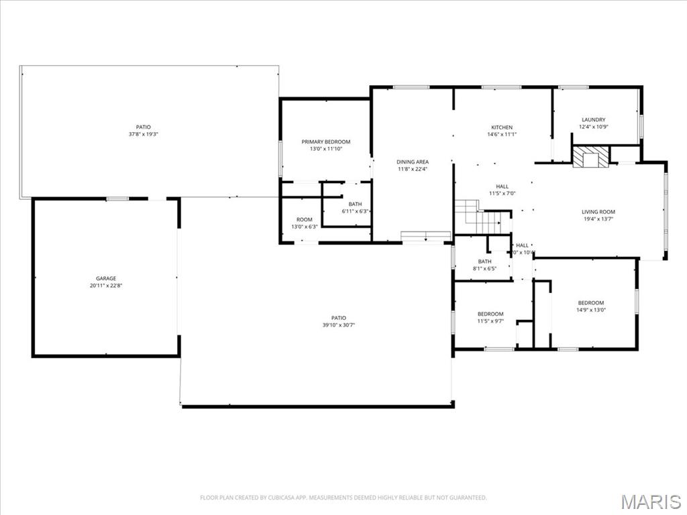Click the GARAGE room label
click(x=105, y=278)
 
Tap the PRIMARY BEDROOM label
click(x=325, y=141)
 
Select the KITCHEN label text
click(x=502, y=127)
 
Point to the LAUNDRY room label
click(x=593, y=120)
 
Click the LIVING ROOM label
click(x=598, y=212)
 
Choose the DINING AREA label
click(x=413, y=162)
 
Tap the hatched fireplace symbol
click(x=591, y=157)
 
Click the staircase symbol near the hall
click(x=478, y=217)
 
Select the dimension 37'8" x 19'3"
click(x=143, y=134)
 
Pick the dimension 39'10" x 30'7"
click(x=338, y=325)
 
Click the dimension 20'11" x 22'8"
click(x=105, y=286)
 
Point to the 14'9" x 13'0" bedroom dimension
click(x=590, y=310)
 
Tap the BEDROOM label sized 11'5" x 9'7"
click(x=490, y=314)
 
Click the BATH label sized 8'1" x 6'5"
click(x=484, y=262)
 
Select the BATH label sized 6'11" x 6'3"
click(x=355, y=205)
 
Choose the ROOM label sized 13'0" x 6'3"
click(x=305, y=219)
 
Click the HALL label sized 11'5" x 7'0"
click(x=502, y=186)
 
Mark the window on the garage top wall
click(x=117, y=198)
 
